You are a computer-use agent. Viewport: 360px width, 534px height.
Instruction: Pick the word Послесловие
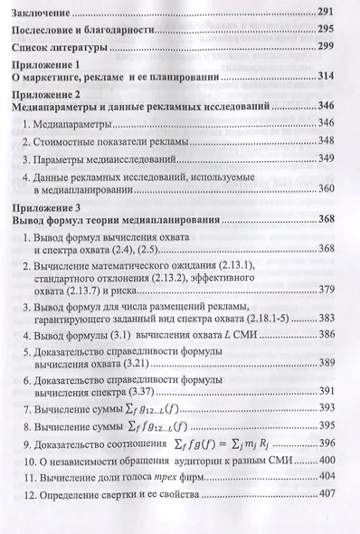click(52, 29)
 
